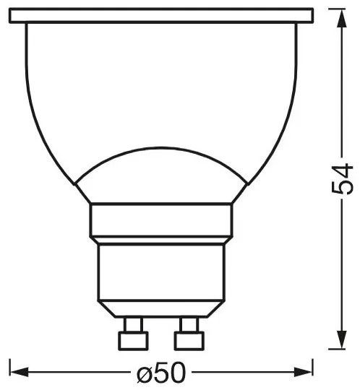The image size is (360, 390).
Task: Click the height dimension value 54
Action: tap(343, 179)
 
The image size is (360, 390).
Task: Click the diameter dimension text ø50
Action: tap(161, 372)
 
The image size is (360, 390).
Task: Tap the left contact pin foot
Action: tap(133, 341)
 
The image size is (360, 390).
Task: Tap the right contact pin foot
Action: tap(189, 341)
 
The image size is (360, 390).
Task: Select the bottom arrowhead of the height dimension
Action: tap(341, 339)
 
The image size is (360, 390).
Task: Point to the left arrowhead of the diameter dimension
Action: tap(19, 372)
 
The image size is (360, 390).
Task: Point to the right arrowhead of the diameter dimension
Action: tap(304, 372)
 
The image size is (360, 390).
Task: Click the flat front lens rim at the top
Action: tap(161, 16)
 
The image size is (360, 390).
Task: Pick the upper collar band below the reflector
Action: tap(161, 220)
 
